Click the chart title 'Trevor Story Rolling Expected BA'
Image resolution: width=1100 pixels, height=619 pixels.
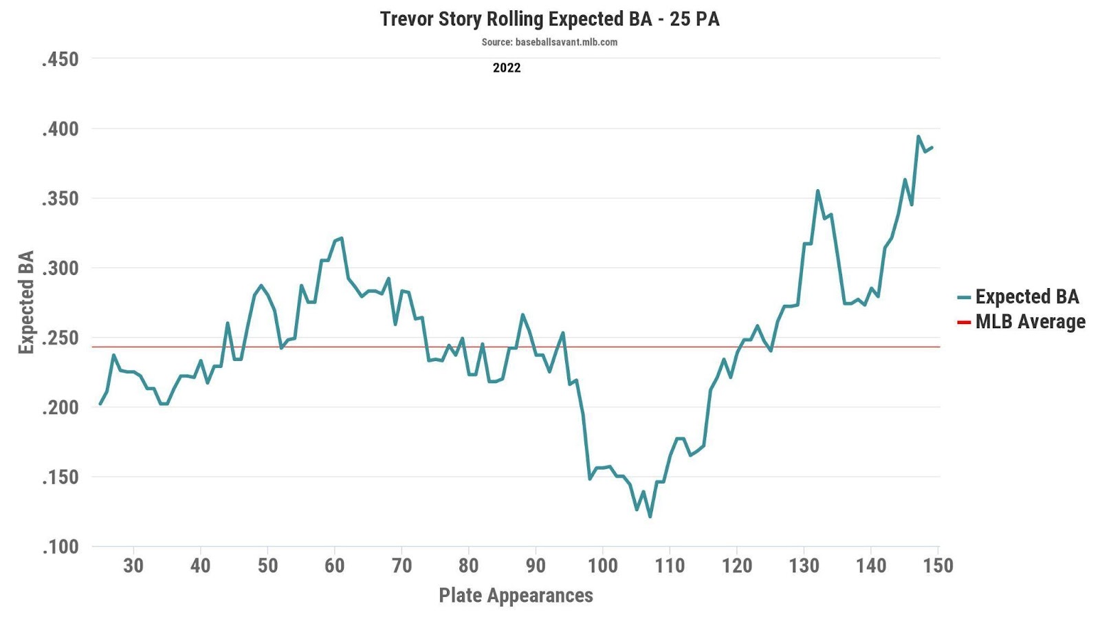[x=549, y=19]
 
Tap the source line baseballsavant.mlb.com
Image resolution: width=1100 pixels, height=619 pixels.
[x=549, y=42]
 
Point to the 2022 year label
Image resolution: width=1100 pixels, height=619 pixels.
[x=507, y=67]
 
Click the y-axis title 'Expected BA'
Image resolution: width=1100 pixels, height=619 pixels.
[x=26, y=303]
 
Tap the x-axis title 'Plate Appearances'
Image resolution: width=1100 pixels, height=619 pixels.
[x=516, y=595]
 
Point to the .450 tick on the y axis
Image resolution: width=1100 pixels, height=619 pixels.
[x=60, y=59]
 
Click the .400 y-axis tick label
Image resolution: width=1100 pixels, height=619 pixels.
[x=60, y=129]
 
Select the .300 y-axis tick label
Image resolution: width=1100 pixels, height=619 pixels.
[x=60, y=268]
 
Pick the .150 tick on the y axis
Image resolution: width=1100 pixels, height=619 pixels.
[x=60, y=477]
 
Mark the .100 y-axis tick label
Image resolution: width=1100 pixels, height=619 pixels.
[x=60, y=547]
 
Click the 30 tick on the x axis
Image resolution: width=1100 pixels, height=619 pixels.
[x=133, y=565]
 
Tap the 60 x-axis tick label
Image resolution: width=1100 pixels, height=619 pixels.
[x=334, y=565]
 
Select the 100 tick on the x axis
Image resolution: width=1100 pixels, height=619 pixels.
[x=603, y=565]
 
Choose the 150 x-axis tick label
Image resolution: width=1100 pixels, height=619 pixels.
[x=938, y=565]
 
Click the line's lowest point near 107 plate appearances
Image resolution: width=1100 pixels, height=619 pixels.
[x=650, y=517]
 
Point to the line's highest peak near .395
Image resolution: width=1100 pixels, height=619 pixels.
[x=918, y=136]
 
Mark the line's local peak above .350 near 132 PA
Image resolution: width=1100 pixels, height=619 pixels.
[x=817, y=191]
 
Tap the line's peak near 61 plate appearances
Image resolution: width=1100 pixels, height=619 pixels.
[x=341, y=238]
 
